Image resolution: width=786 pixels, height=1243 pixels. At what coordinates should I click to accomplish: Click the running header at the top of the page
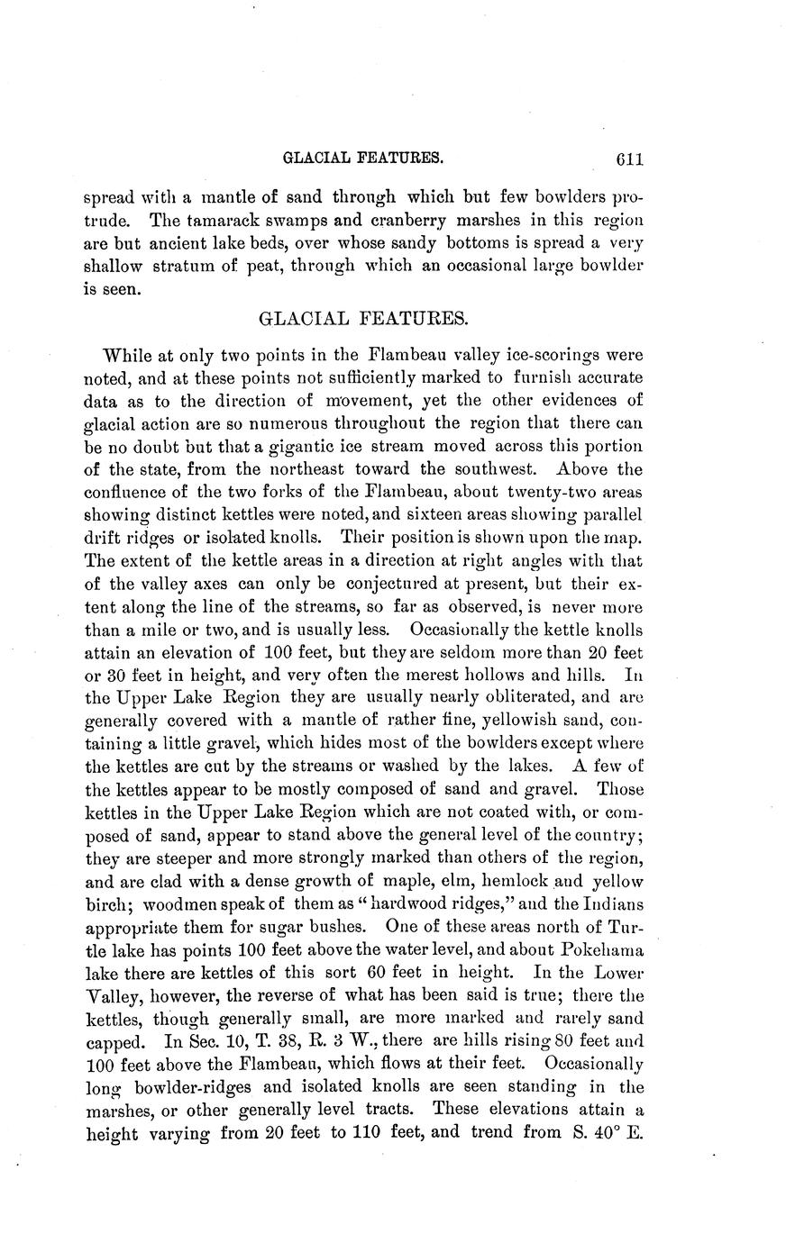click(x=363, y=158)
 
